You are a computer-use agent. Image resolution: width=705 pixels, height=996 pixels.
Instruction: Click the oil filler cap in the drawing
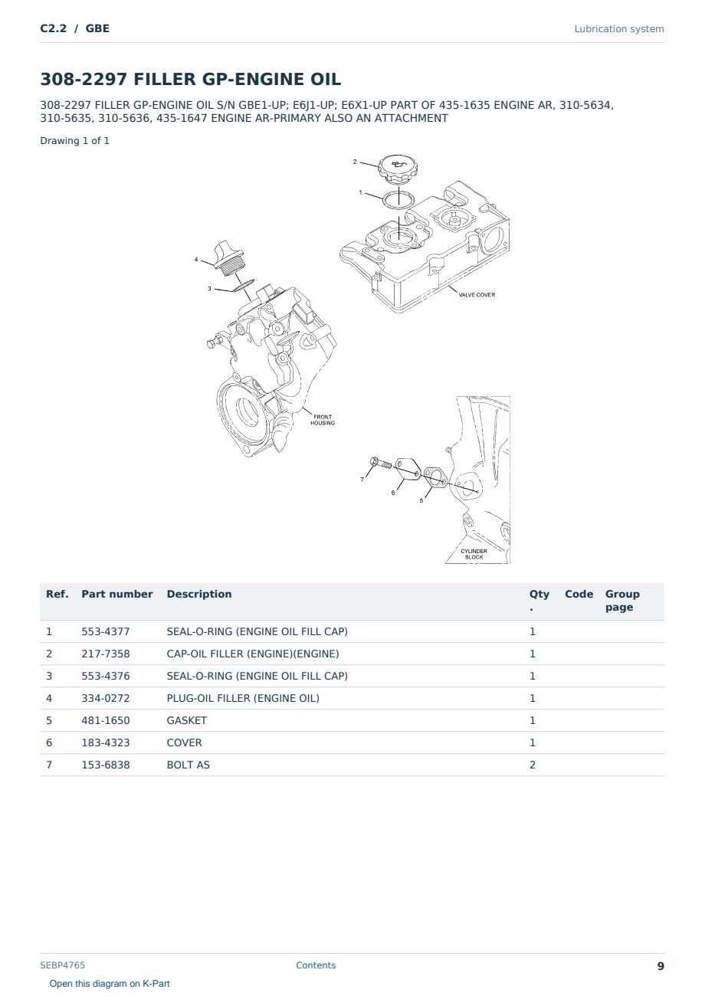pyautogui.click(x=398, y=169)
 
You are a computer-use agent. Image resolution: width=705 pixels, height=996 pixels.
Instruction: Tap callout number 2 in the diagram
pyautogui.click(x=355, y=162)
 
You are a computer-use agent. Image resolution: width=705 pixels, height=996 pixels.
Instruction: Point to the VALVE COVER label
pyautogui.click(x=477, y=295)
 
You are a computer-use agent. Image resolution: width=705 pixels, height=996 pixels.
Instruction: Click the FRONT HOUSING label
pyautogui.click(x=323, y=420)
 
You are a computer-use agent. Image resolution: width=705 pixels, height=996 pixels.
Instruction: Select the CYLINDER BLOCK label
pyautogui.click(x=474, y=554)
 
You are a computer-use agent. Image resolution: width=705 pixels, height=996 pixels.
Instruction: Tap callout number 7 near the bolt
pyautogui.click(x=362, y=480)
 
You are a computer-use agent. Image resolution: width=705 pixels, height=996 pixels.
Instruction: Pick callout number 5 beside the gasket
pyautogui.click(x=421, y=500)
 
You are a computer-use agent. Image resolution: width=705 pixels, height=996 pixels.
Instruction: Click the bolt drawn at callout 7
pyautogui.click(x=381, y=463)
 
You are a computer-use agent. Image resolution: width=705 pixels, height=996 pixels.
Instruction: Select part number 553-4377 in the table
pyautogui.click(x=106, y=631)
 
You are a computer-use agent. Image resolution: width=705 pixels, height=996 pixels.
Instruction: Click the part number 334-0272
pyautogui.click(x=106, y=698)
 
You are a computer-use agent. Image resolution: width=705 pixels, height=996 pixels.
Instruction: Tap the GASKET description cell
pyautogui.click(x=187, y=720)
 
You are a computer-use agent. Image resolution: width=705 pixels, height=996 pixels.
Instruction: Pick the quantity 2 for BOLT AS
pyautogui.click(x=533, y=765)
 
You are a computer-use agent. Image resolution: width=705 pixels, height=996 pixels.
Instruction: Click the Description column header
pyautogui.click(x=199, y=594)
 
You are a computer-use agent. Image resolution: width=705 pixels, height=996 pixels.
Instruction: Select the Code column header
pyautogui.click(x=579, y=594)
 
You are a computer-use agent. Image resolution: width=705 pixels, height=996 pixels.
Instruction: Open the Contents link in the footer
pyautogui.click(x=316, y=965)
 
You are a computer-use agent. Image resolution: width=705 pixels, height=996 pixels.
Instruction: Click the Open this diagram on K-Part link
pyautogui.click(x=110, y=984)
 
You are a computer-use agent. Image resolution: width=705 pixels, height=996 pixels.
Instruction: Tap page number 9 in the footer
pyautogui.click(x=661, y=966)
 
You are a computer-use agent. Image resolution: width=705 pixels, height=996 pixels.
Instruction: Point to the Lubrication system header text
pyautogui.click(x=619, y=29)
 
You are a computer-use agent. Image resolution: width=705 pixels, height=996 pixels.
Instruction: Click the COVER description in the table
pyautogui.click(x=184, y=742)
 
